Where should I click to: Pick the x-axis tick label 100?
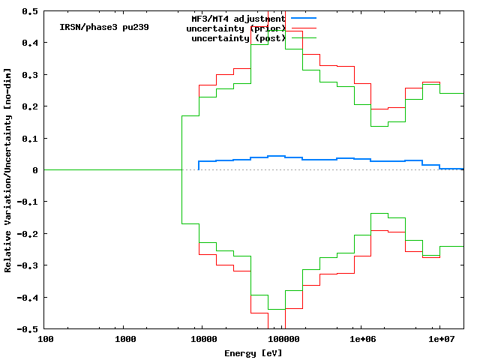(x=45, y=340)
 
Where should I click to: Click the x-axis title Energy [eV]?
(x=253, y=352)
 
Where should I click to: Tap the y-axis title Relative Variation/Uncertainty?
(x=8, y=170)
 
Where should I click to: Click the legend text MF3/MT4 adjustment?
(x=238, y=18)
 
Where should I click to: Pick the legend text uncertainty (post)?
(x=238, y=37)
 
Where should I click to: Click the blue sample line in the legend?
(x=303, y=18)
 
